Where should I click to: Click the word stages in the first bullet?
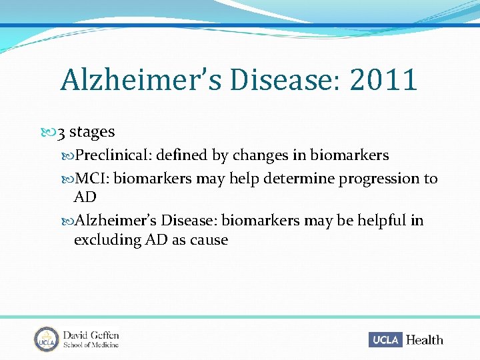tap(92, 133)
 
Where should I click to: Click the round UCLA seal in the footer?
tap(47, 339)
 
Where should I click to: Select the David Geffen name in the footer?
tap(91, 335)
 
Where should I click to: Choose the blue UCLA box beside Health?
tap(386, 340)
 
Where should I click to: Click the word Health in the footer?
tap(424, 340)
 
